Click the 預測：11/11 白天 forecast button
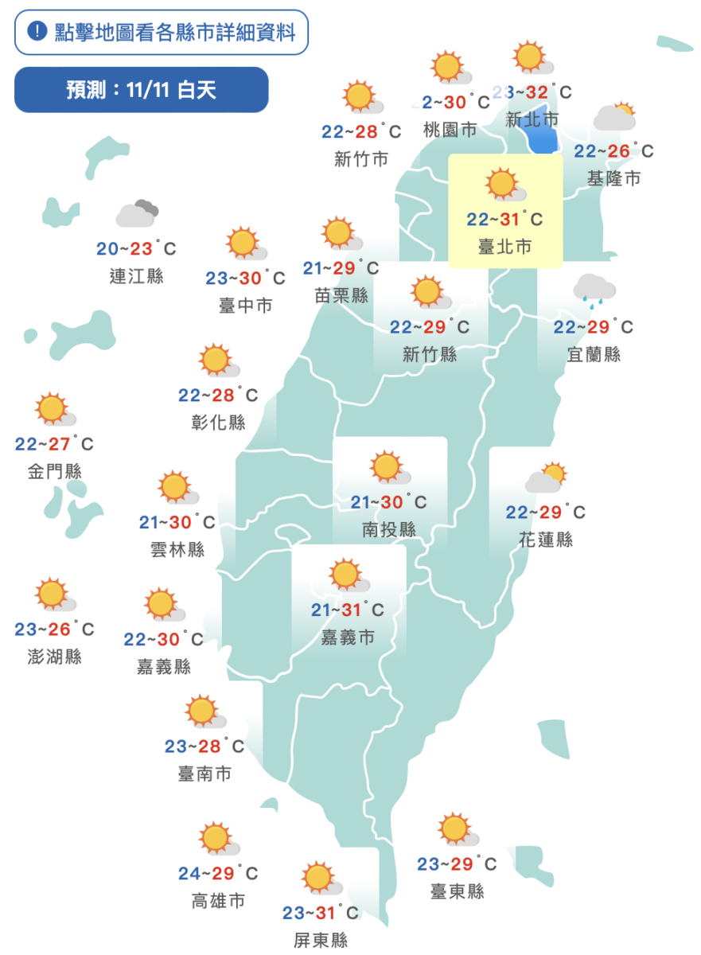click(x=141, y=90)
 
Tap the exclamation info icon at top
click(x=37, y=32)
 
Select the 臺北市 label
click(x=504, y=247)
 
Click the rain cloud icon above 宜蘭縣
click(x=594, y=290)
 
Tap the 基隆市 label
click(x=613, y=177)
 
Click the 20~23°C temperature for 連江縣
click(x=135, y=249)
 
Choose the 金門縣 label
click(x=55, y=470)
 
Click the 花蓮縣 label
click(x=546, y=540)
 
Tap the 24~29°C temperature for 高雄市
click(x=218, y=873)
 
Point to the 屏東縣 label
click(x=321, y=940)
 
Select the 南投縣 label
click(x=389, y=529)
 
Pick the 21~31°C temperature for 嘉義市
click(x=348, y=610)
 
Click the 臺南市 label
click(x=204, y=773)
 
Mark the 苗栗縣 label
click(x=341, y=295)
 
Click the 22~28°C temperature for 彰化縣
click(x=218, y=396)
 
